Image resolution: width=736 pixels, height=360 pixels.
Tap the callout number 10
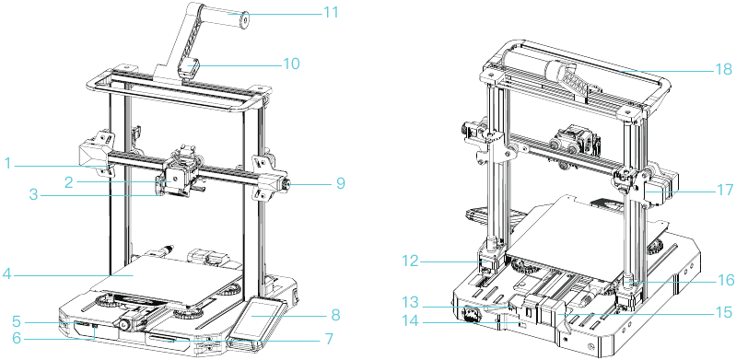(291, 64)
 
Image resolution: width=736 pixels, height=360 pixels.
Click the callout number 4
(6, 273)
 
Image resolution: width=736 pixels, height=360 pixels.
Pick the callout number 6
(17, 339)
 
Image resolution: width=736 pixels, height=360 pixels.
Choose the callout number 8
(335, 315)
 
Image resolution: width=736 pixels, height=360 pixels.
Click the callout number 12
(411, 261)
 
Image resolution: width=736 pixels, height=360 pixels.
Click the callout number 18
(721, 69)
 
